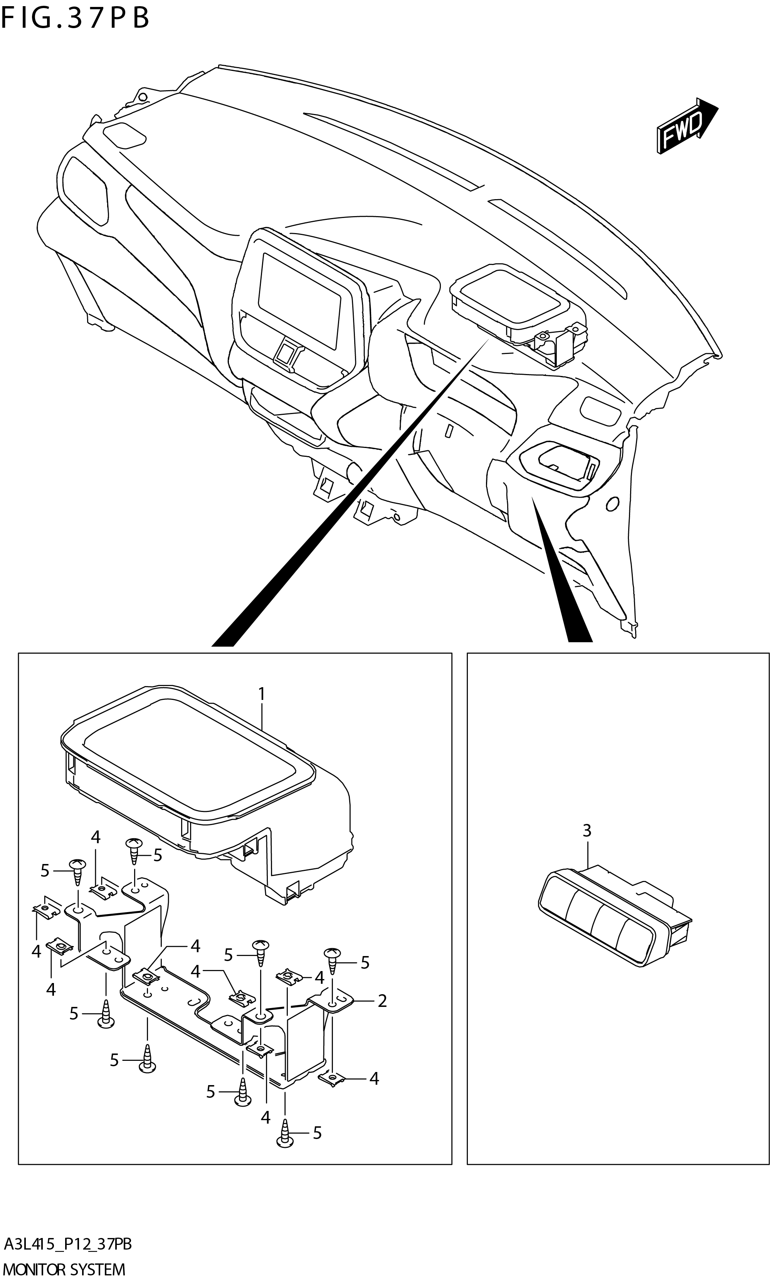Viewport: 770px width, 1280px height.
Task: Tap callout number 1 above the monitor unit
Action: pos(262,693)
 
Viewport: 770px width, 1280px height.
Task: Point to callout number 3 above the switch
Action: pos(587,830)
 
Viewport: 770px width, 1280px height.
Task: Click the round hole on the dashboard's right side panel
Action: pos(612,503)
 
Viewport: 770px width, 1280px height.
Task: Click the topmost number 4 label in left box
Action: pos(96,837)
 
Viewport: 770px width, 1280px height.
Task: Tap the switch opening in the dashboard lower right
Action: pos(563,459)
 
